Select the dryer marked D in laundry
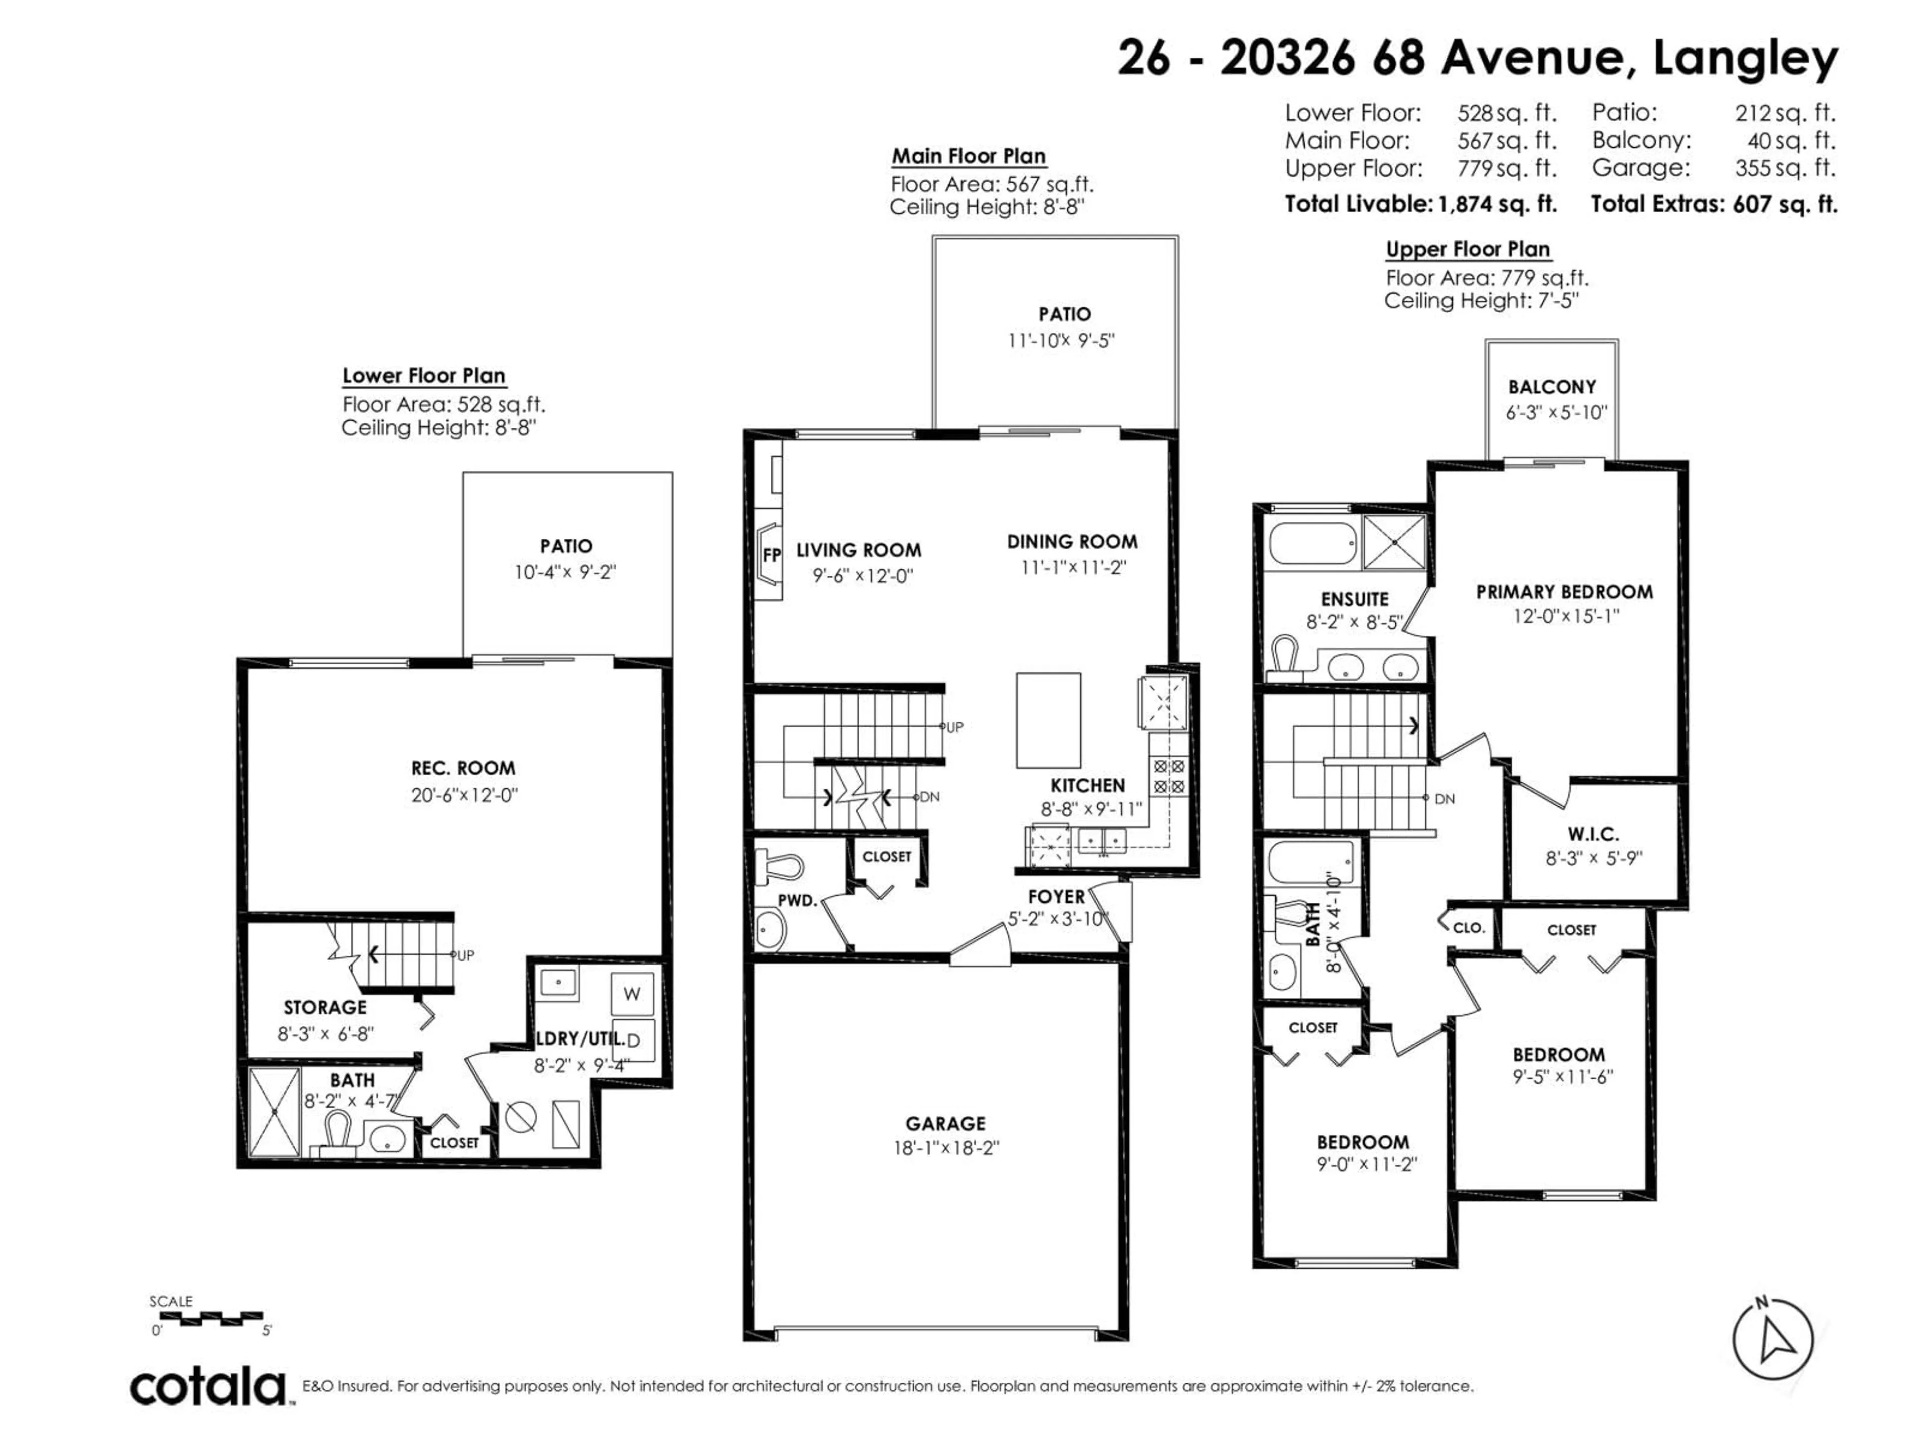632,1040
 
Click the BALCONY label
1552,387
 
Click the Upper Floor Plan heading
1468,250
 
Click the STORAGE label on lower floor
325,1007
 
